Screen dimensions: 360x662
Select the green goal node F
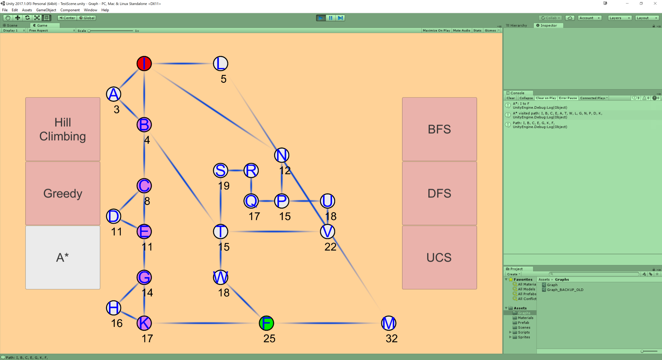266,323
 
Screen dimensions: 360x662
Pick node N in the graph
282,155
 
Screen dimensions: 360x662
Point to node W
220,277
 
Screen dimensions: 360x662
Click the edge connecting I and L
182,63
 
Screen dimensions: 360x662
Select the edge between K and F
206,323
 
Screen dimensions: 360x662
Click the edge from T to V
274,232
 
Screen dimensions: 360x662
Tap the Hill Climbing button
63,129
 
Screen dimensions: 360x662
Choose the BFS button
439,129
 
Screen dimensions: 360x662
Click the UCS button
439,257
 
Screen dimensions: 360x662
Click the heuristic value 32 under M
391,338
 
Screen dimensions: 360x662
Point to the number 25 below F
269,338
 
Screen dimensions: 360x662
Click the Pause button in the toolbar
330,18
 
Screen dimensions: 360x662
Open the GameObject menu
46,10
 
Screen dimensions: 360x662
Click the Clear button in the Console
510,98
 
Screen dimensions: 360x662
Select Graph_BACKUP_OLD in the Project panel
565,290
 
